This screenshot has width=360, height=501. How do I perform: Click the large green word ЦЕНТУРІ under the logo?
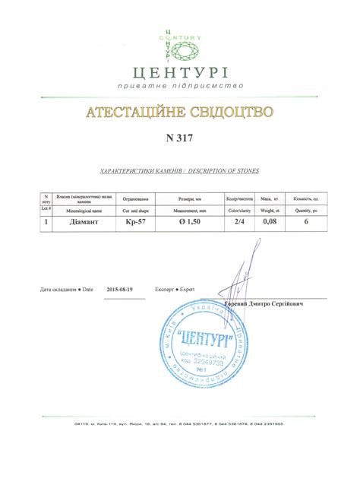tap(180, 74)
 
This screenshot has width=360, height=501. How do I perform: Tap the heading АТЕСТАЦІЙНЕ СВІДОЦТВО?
tap(180, 113)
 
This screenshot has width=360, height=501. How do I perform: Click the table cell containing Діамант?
tap(78, 223)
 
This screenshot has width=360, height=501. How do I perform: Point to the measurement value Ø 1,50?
tap(189, 223)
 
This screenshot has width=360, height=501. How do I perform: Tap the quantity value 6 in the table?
tap(305, 223)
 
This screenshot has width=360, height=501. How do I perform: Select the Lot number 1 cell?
tap(46, 223)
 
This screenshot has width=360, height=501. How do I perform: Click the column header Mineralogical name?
tap(78, 208)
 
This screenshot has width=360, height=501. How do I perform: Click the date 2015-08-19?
tap(121, 290)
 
